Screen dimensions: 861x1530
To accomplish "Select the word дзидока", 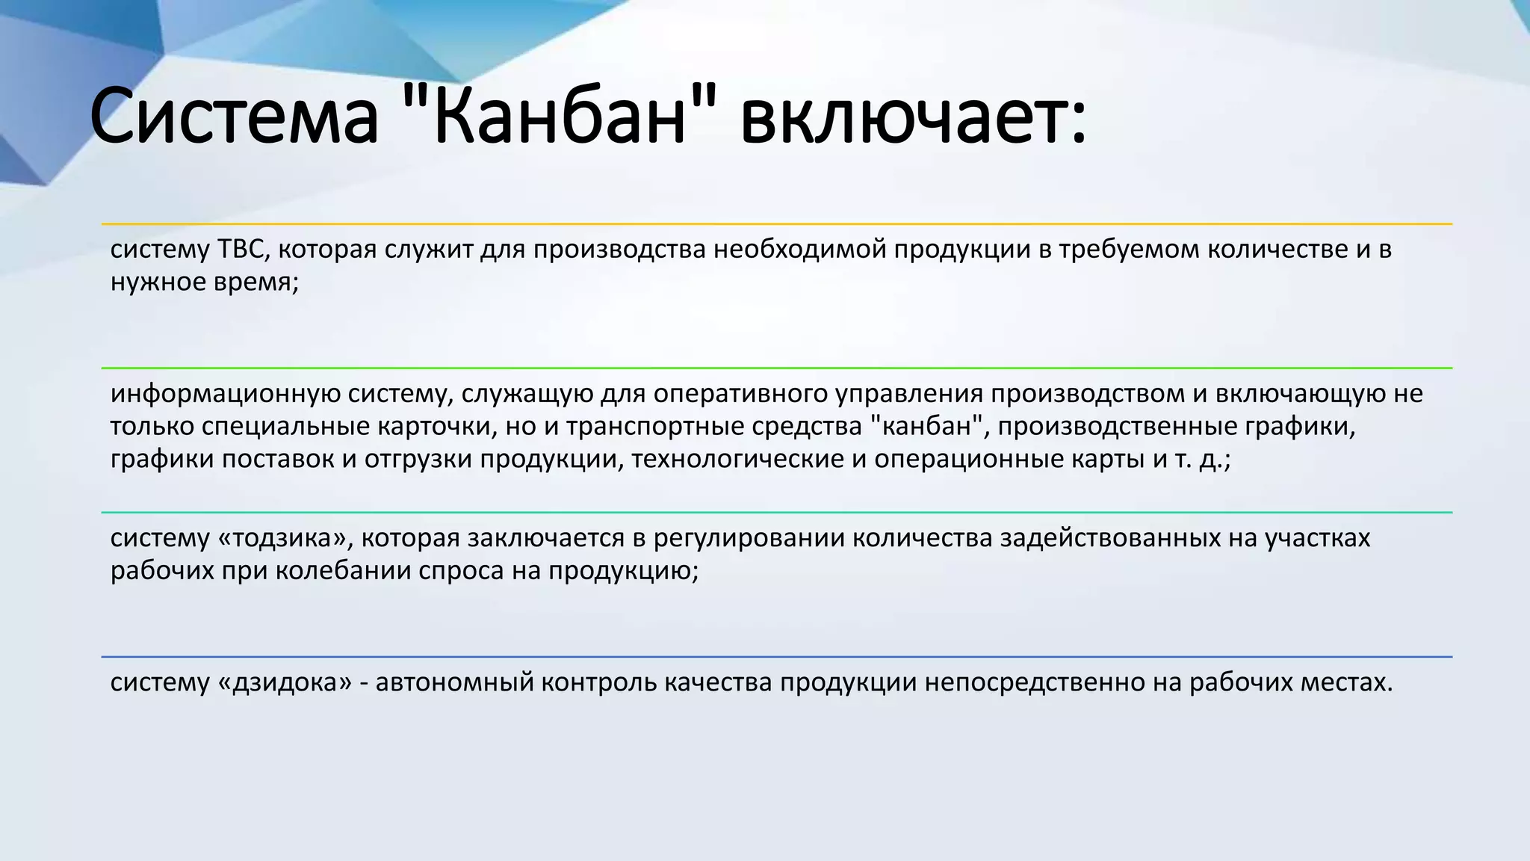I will click(283, 682).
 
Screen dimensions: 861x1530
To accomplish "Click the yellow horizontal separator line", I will click(777, 223).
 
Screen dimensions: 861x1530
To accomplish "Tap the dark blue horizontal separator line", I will click(777, 657).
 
